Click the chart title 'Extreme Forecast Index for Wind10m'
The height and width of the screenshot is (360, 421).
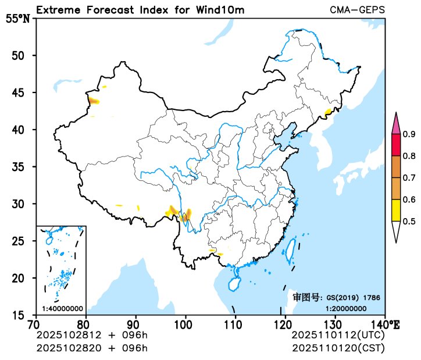click(x=140, y=10)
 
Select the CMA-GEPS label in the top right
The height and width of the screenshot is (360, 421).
click(x=357, y=10)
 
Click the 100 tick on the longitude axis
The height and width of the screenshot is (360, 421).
click(x=185, y=323)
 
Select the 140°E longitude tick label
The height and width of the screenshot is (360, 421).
click(x=384, y=323)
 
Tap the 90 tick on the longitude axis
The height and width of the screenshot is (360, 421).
click(x=135, y=323)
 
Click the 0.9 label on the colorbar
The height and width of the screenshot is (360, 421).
click(x=409, y=135)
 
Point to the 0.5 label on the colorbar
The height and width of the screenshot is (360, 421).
click(x=409, y=221)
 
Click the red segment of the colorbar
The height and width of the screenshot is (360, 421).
click(x=396, y=145)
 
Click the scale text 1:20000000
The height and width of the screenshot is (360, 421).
click(x=345, y=308)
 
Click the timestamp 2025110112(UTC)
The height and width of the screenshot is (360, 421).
click(x=337, y=336)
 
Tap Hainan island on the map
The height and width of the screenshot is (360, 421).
click(x=233, y=284)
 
